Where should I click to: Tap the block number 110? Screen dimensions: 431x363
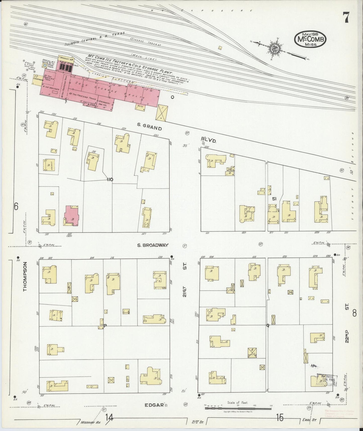[x=110, y=180]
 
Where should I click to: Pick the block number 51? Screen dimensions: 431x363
[x=274, y=199]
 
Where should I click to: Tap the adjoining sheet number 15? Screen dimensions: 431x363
[x=279, y=418]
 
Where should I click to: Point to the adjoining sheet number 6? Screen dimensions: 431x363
[x=16, y=207]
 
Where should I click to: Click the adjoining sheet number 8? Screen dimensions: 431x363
[x=354, y=313]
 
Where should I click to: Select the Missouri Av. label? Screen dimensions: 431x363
[x=91, y=422]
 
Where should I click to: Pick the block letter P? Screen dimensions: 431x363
[x=105, y=326]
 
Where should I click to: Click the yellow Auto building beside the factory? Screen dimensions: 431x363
[x=140, y=107]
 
